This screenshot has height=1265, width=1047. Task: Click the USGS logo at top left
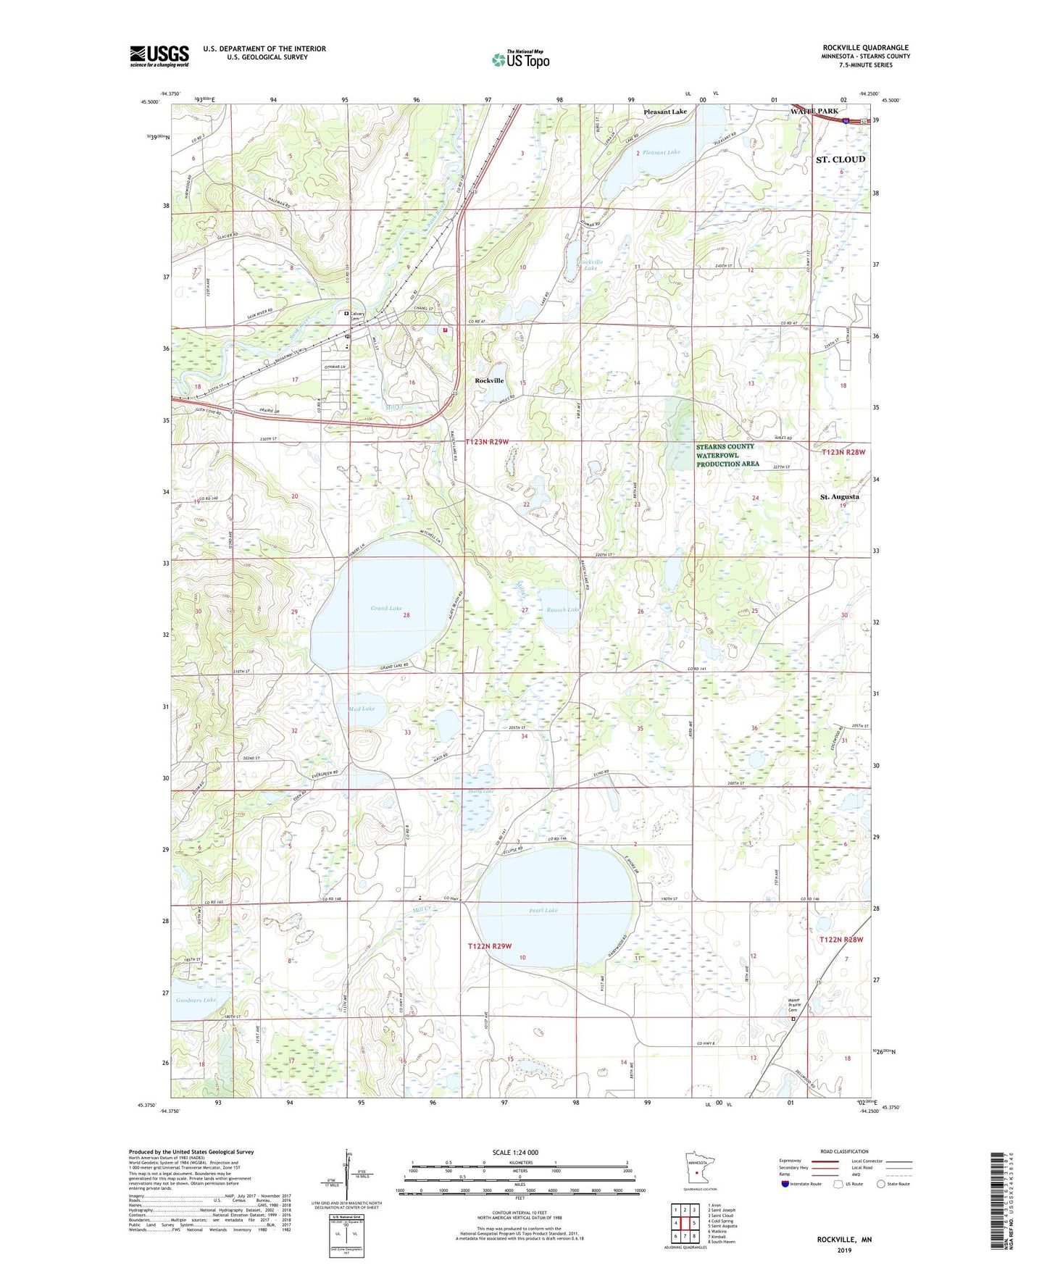click(159, 56)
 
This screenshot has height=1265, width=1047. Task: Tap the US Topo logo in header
click(520, 59)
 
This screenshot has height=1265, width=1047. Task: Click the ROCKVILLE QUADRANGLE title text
click(865, 47)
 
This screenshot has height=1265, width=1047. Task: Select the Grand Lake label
click(385, 609)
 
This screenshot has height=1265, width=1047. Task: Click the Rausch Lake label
click(562, 610)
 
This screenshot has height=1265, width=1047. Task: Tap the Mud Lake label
click(362, 709)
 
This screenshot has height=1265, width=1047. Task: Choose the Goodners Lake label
click(196, 1000)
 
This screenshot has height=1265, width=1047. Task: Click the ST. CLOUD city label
click(840, 159)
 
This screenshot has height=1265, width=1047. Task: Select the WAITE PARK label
click(814, 112)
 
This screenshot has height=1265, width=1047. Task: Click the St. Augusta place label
click(839, 497)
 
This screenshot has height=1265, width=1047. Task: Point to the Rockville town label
click(489, 381)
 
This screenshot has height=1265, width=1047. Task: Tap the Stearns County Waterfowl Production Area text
click(727, 455)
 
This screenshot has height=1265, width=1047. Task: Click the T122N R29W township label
click(489, 946)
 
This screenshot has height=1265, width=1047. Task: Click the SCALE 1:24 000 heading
click(514, 1153)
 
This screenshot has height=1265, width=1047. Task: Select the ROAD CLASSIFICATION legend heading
click(844, 1151)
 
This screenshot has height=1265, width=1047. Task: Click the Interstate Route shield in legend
click(786, 1184)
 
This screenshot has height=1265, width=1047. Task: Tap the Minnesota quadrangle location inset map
click(696, 1167)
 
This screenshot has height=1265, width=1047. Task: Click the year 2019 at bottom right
click(844, 1250)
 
